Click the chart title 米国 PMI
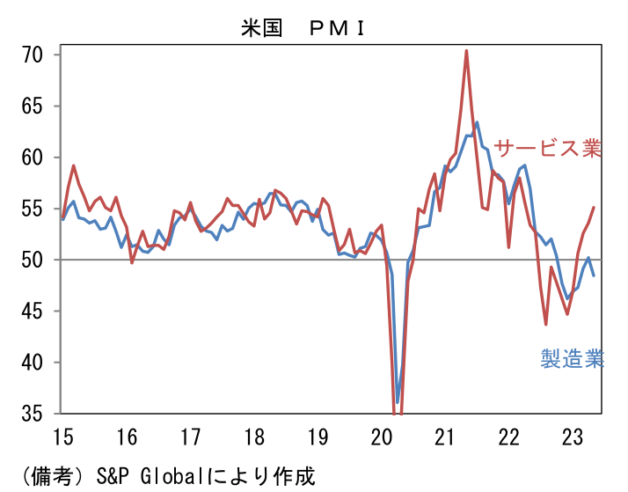303,27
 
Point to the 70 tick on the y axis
33,55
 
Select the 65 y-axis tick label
33,106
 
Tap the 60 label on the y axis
33,158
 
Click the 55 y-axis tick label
33,209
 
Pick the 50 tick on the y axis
33,260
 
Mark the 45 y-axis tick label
33,311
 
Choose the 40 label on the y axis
33,362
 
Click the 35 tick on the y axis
33,413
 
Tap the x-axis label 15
62,436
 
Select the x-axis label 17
190,436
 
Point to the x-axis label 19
318,436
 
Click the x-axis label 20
381,436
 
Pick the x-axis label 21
445,436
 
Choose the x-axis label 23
573,436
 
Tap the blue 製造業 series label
572,359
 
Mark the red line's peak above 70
466,50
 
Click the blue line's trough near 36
398,402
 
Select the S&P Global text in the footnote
135,476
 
